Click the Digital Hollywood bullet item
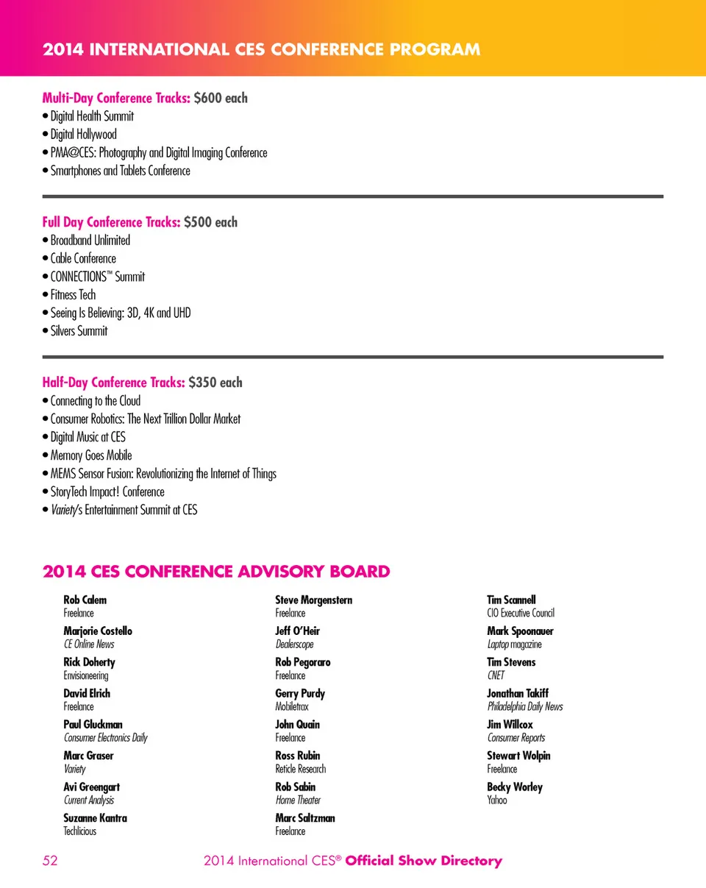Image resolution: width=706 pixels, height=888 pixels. pos(83,135)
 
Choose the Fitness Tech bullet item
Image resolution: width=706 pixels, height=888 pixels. pos(73,295)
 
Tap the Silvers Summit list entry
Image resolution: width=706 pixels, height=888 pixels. pos(79,331)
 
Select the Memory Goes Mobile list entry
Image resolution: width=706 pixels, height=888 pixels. pos(91,455)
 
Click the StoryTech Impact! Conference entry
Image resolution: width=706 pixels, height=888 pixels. pos(107,491)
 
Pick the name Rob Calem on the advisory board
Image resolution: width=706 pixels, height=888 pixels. pos(85,600)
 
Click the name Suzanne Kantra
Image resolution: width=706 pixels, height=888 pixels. pos(96,818)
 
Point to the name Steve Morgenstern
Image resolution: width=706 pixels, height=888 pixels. pos(313,600)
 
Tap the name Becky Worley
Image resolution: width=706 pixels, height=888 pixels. pos(515,787)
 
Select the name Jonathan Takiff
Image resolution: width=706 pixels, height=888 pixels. pos(518,694)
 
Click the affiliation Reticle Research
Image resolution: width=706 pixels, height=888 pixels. pos(300,769)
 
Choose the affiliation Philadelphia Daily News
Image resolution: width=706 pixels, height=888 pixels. pos(525,707)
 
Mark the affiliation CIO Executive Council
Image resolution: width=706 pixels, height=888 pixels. pos(521,613)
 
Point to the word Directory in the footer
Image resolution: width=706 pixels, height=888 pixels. pos(471,861)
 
